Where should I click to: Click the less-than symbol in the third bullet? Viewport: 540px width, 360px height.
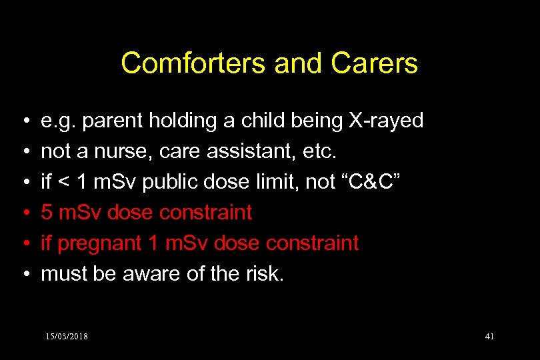(x=65, y=182)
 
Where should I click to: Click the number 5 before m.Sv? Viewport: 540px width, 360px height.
(x=47, y=213)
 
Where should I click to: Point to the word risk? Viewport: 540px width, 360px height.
(x=265, y=274)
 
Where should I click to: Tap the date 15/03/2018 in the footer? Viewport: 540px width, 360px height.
(x=67, y=336)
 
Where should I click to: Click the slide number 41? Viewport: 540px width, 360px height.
(x=489, y=336)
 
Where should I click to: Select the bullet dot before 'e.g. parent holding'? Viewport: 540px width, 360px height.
(x=23, y=121)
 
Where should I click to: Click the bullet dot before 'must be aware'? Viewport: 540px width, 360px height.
(x=23, y=275)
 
